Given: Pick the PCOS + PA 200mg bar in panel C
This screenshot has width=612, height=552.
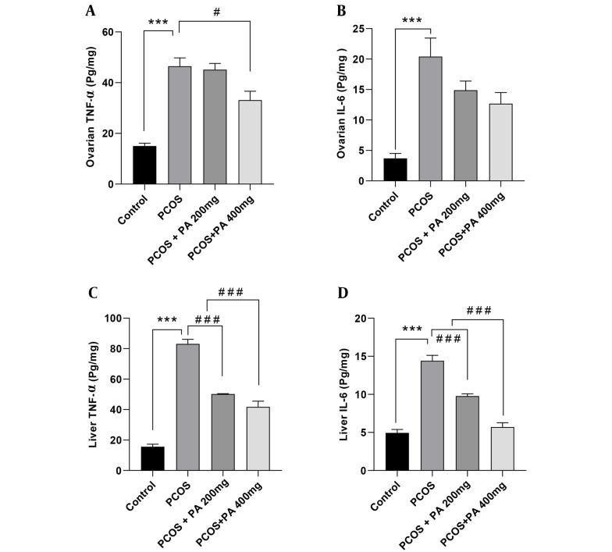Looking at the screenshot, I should pos(222,433).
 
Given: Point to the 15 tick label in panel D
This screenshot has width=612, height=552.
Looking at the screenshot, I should pos(361,357).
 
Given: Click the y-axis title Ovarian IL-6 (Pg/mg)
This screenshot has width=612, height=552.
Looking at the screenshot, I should pos(340,105).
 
